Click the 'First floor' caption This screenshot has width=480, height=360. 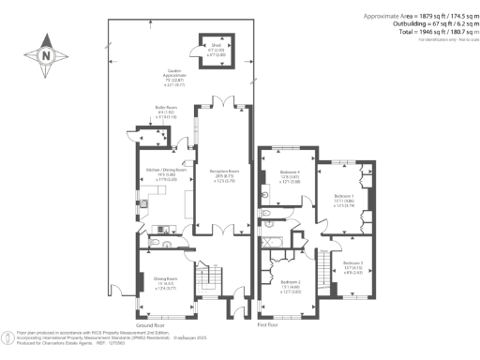pos(269,324)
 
